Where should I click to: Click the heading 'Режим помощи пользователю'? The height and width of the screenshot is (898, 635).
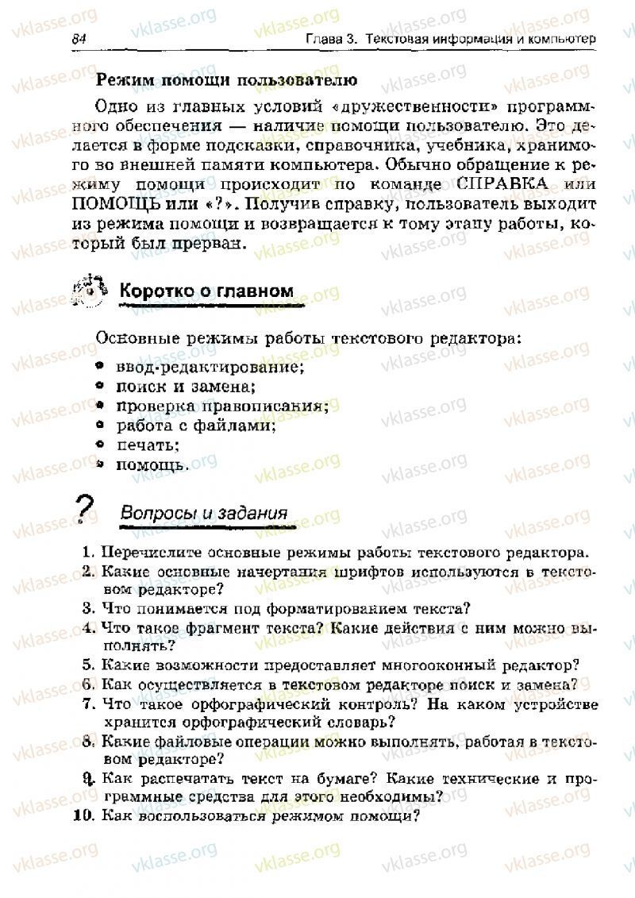(x=226, y=80)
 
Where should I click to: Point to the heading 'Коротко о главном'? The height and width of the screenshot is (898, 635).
(x=206, y=291)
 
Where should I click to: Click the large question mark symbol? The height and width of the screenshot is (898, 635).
(x=84, y=509)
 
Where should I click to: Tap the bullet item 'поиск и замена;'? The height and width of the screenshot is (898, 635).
(x=186, y=387)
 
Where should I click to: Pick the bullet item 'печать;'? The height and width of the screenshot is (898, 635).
(x=148, y=445)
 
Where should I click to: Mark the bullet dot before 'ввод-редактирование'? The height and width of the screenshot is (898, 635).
(x=99, y=368)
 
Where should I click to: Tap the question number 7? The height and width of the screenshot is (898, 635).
(x=88, y=703)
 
